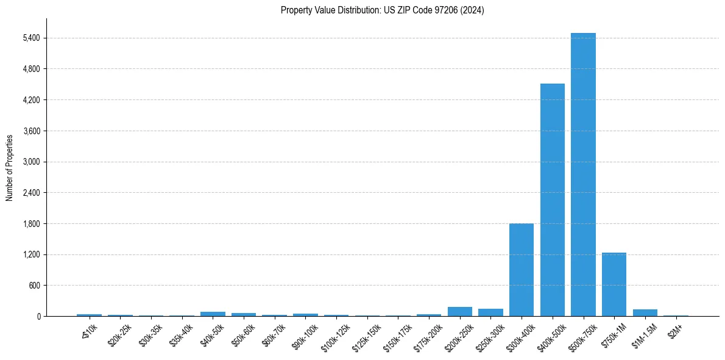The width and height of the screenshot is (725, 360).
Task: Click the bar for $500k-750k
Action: click(x=583, y=177)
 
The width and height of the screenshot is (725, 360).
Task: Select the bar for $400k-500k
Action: click(x=552, y=201)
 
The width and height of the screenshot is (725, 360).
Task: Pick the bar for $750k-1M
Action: click(x=614, y=285)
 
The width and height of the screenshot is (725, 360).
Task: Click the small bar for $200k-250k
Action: click(x=459, y=312)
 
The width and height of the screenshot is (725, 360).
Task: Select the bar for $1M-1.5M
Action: click(x=645, y=313)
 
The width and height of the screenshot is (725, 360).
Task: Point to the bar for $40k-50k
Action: click(x=213, y=314)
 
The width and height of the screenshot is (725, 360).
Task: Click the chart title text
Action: click(x=382, y=10)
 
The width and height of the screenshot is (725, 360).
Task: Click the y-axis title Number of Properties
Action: click(x=10, y=168)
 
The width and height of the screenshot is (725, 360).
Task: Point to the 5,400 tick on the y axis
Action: click(x=31, y=38)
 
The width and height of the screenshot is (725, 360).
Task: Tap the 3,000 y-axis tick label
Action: click(x=31, y=162)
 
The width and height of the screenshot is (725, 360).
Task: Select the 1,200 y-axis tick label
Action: click(x=31, y=255)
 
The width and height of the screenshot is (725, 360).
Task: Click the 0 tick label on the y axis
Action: click(x=38, y=317)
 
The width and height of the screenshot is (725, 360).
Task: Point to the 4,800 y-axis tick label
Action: click(x=31, y=70)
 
